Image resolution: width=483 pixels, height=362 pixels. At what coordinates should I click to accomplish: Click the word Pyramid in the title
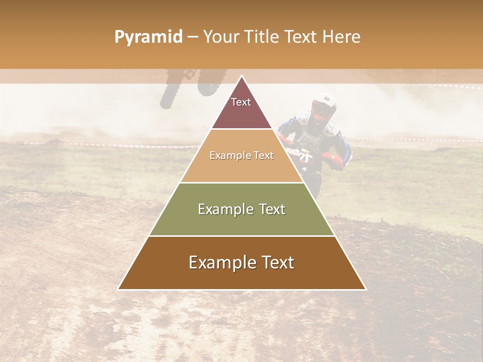pos(148,37)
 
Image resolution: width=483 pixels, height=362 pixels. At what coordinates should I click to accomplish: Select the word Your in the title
pos(221,37)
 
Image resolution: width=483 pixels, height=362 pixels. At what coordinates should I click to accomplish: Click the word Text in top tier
pos(241,102)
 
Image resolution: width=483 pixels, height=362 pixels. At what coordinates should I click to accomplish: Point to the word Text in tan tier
pos(264,155)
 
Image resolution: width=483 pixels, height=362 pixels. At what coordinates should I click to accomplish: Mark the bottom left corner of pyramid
pos(118,289)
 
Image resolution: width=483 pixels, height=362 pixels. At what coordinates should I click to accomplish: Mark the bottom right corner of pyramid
pos(366,289)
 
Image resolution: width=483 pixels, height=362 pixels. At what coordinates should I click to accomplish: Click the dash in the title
pos(193,37)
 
